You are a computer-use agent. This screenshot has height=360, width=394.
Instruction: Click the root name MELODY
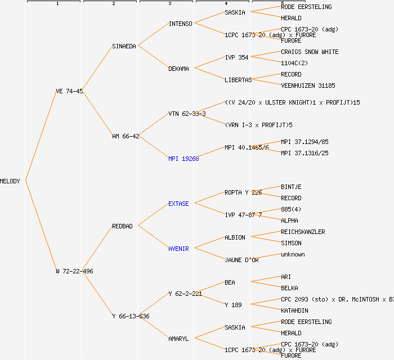click(10, 181)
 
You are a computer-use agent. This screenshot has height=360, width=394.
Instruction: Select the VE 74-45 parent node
click(69, 91)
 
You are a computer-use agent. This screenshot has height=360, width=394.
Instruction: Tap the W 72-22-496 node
click(75, 271)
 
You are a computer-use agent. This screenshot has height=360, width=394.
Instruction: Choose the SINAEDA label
click(124, 46)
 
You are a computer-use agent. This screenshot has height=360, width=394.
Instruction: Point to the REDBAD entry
click(122, 226)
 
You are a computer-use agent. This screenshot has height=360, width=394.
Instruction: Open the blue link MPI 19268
click(183, 159)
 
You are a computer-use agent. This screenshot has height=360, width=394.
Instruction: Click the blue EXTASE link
click(178, 204)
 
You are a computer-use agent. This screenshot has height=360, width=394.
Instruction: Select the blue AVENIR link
click(178, 249)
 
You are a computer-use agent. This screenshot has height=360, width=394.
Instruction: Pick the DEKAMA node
click(178, 69)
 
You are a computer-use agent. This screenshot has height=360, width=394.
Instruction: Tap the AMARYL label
click(178, 339)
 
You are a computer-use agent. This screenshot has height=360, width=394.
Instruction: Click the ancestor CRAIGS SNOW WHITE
click(310, 52)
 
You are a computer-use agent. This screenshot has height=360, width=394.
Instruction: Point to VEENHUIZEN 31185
click(308, 85)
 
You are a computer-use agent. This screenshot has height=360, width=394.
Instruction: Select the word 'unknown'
click(293, 254)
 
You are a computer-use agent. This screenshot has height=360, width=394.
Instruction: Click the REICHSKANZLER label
click(303, 232)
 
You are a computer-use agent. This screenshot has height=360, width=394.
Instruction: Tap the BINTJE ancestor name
click(291, 187)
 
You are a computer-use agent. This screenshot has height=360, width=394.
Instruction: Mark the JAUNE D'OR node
click(241, 260)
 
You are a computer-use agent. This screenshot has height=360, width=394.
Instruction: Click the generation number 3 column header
click(169, 4)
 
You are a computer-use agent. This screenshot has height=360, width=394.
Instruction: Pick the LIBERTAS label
click(239, 80)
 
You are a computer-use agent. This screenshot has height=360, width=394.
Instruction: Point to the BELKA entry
click(289, 288)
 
